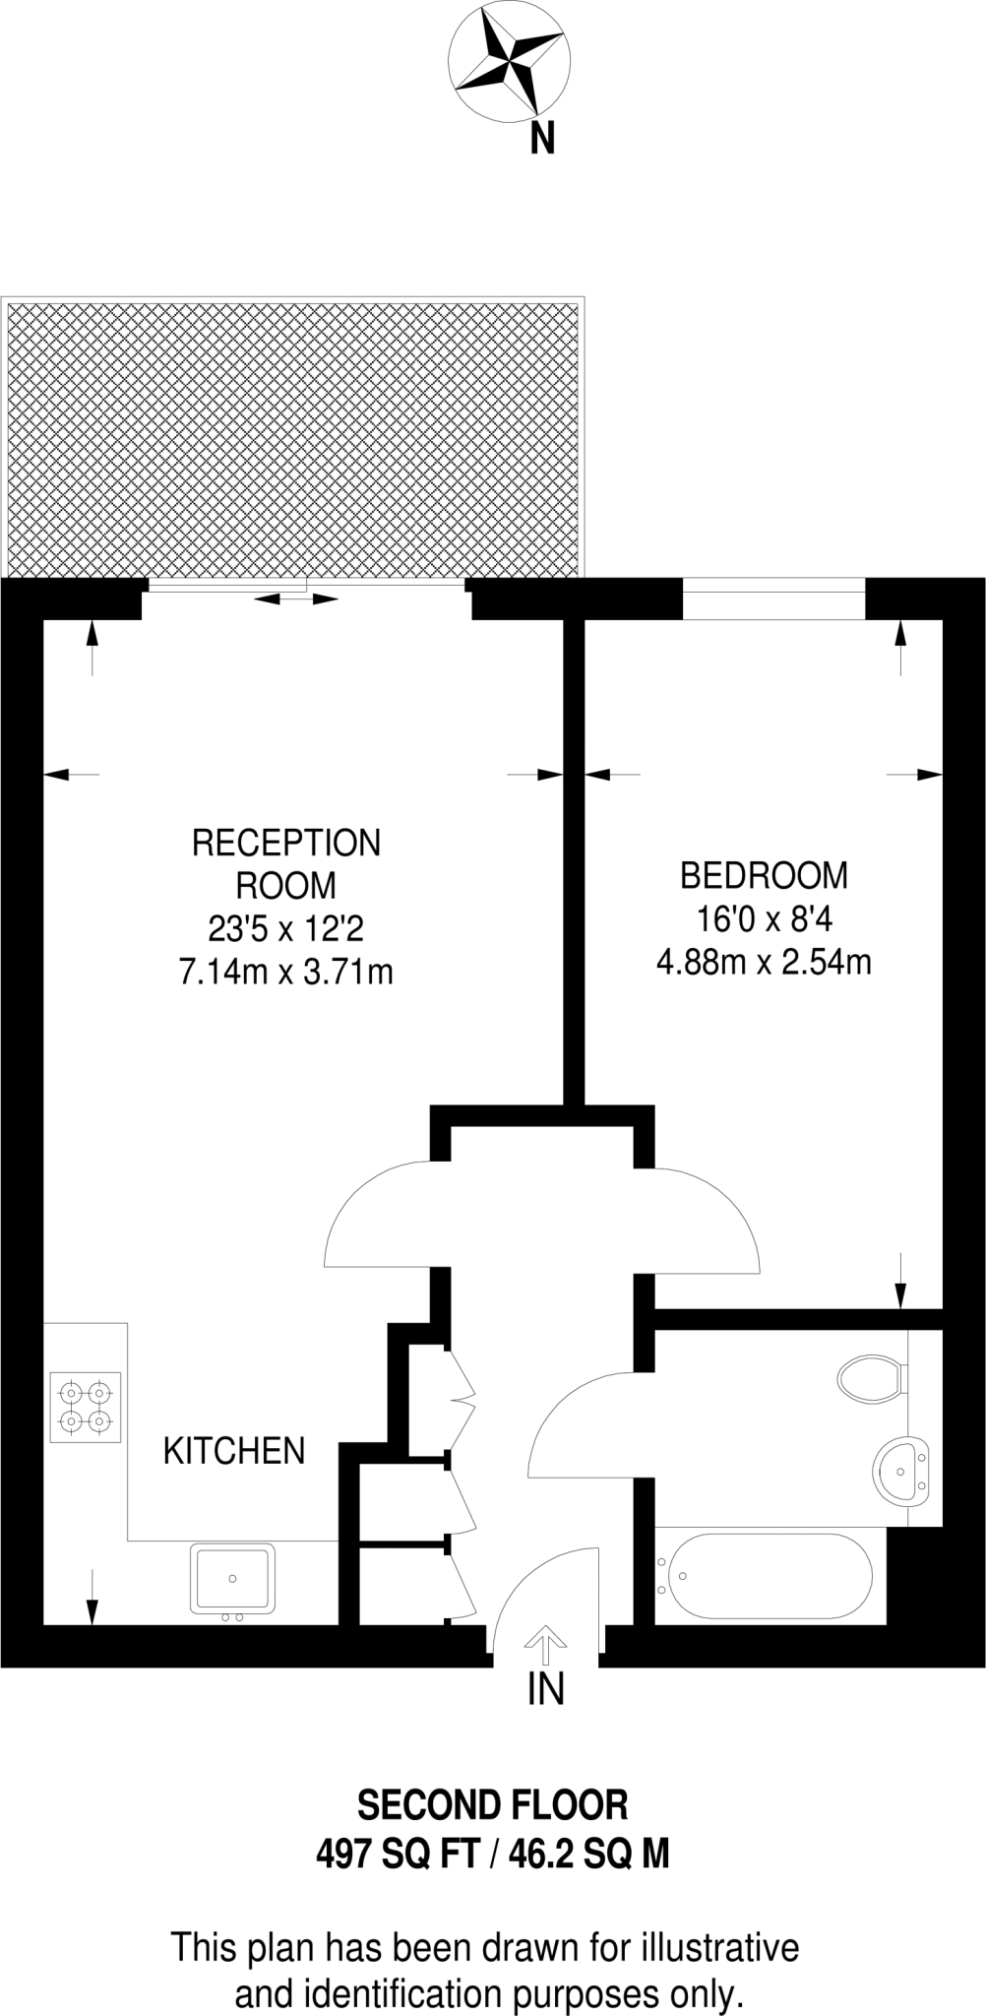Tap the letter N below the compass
[542, 139]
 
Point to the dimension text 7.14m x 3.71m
[286, 973]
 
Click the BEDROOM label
[764, 875]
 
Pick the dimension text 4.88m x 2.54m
[764, 962]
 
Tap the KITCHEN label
[234, 1451]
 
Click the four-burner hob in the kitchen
[85, 1407]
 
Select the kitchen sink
[232, 1578]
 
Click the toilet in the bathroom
[871, 1377]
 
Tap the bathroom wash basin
[900, 1473]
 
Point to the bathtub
[763, 1576]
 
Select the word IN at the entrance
[546, 1690]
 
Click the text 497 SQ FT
[396, 1856]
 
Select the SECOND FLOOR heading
[492, 1806]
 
